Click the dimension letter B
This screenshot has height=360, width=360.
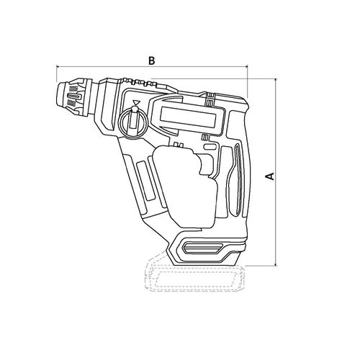pyautogui.click(x=151, y=60)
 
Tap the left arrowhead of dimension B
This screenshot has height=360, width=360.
pyautogui.click(x=58, y=66)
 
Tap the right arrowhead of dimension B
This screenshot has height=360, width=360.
pyautogui.click(x=246, y=66)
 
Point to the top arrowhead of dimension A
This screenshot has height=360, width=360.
pyautogui.click(x=276, y=80)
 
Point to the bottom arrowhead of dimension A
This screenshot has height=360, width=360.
pyautogui.click(x=276, y=264)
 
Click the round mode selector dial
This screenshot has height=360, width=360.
pyautogui.click(x=134, y=122)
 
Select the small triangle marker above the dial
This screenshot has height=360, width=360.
pyautogui.click(x=136, y=102)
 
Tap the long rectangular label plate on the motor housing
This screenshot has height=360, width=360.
pyautogui.click(x=188, y=118)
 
